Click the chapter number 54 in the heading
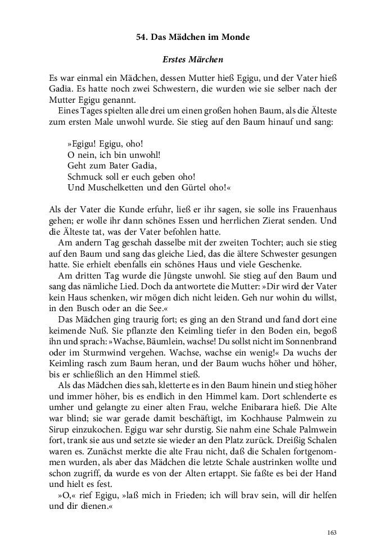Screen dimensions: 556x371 [142, 37]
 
